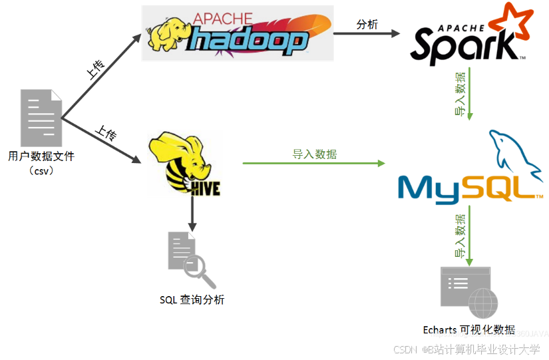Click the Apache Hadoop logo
[237, 33]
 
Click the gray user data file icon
[41, 118]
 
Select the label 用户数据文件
[41, 156]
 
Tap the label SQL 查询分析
[192, 300]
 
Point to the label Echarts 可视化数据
[468, 330]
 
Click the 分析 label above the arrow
[367, 25]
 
